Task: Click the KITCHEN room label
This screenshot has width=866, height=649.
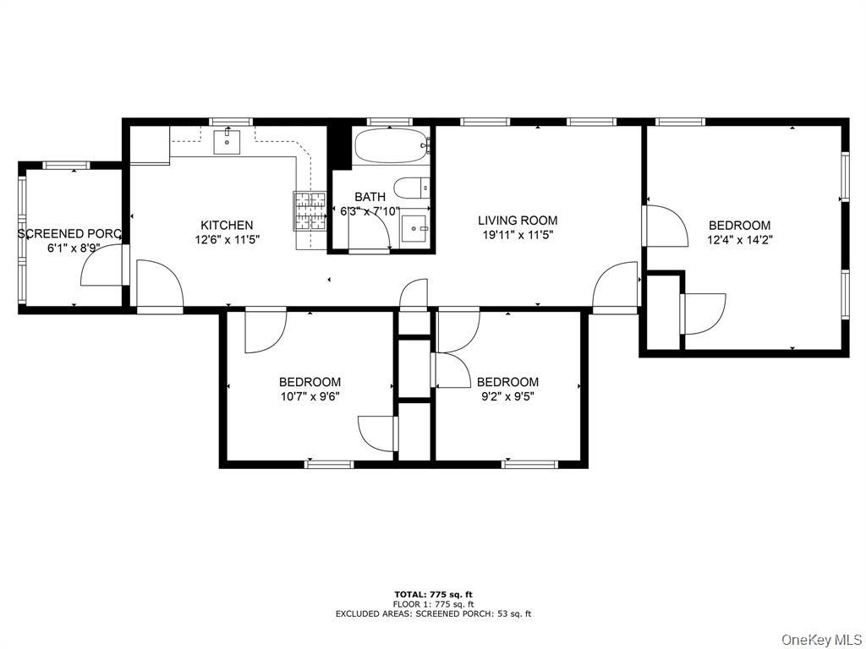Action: (226, 225)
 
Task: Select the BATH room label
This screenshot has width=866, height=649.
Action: (370, 197)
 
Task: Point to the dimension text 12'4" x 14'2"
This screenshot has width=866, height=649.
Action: (739, 239)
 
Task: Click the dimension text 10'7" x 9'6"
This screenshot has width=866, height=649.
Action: (310, 395)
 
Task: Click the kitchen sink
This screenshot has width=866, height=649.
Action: (227, 141)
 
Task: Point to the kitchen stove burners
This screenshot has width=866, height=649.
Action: (310, 211)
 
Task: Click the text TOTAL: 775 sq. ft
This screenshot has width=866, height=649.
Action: (433, 595)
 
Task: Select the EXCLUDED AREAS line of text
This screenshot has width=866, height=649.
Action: (433, 614)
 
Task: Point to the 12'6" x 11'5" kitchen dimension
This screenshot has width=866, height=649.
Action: (226, 239)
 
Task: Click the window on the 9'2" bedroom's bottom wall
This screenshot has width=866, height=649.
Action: (530, 463)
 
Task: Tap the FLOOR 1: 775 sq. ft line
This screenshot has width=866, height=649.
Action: (433, 604)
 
